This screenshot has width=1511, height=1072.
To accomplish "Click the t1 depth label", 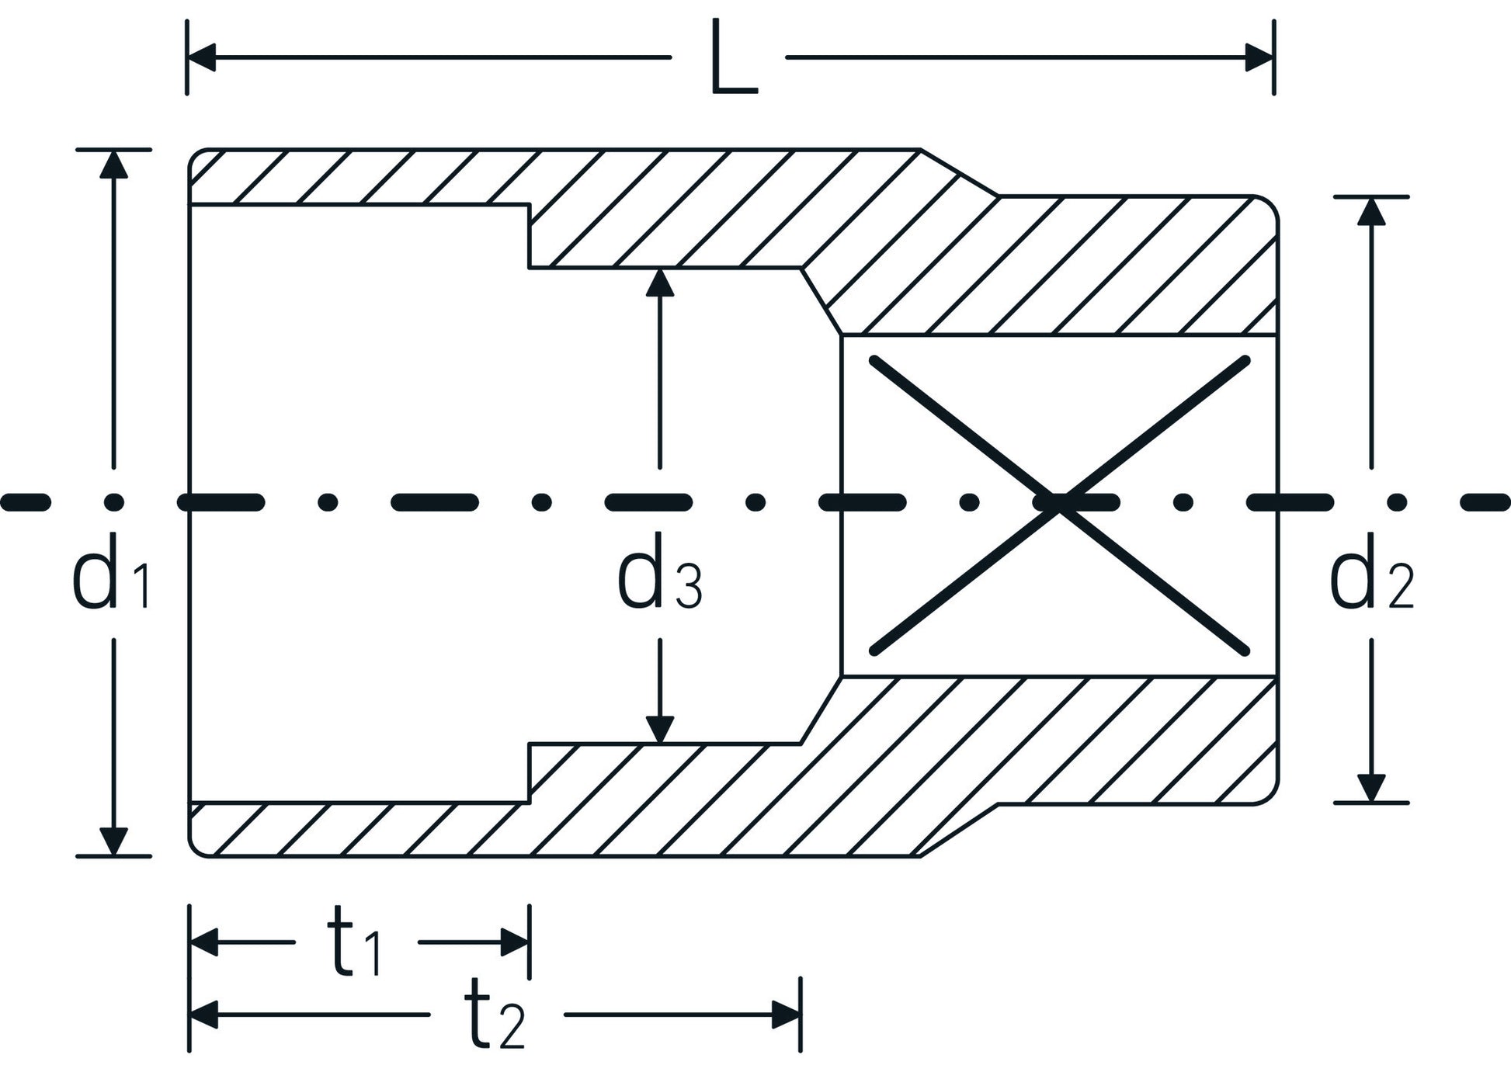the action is [355, 942].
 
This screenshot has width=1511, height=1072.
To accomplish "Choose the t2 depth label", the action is [495, 1015].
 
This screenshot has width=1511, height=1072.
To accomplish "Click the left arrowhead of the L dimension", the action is [201, 57].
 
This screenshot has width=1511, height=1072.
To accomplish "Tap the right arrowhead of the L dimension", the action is [1259, 57].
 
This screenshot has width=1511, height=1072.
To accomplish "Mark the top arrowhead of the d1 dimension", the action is [113, 164].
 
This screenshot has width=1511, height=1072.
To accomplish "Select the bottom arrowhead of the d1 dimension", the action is [113, 841].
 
